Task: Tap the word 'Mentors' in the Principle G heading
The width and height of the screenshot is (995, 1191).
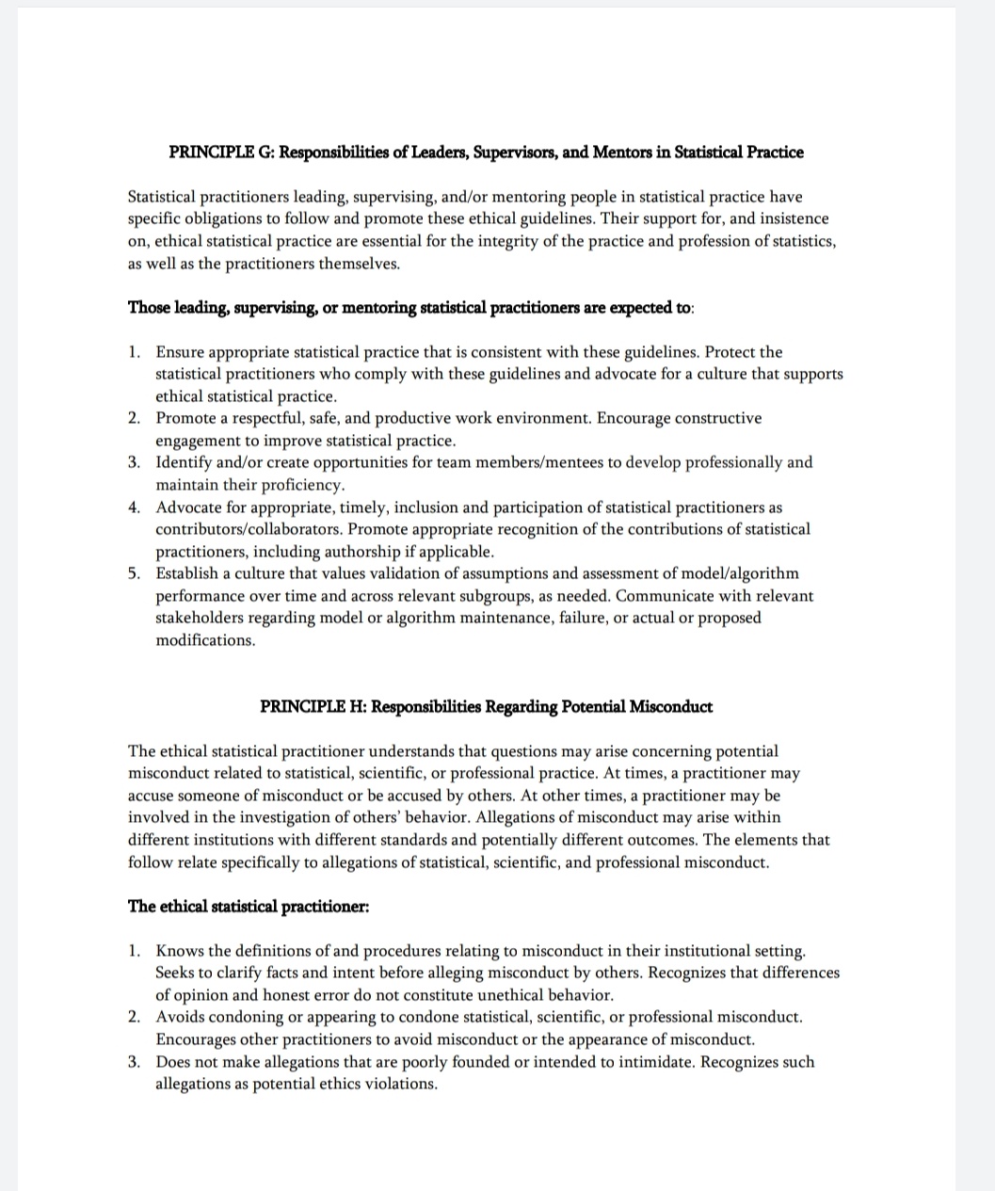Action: click(620, 152)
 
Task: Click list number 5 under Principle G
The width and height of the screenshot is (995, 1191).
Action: click(135, 573)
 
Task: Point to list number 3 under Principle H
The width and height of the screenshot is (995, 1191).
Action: click(135, 1062)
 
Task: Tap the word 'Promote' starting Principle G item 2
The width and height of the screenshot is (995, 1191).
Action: click(185, 418)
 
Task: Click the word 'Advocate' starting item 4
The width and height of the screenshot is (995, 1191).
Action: click(188, 507)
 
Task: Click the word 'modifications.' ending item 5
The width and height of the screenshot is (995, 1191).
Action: click(205, 640)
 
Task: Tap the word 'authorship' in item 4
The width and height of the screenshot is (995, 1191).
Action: click(376, 552)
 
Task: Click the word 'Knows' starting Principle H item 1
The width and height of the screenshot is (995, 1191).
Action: click(178, 951)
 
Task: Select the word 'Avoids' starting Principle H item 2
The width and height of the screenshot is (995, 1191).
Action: click(180, 1017)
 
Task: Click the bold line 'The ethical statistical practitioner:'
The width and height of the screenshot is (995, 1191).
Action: click(249, 906)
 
